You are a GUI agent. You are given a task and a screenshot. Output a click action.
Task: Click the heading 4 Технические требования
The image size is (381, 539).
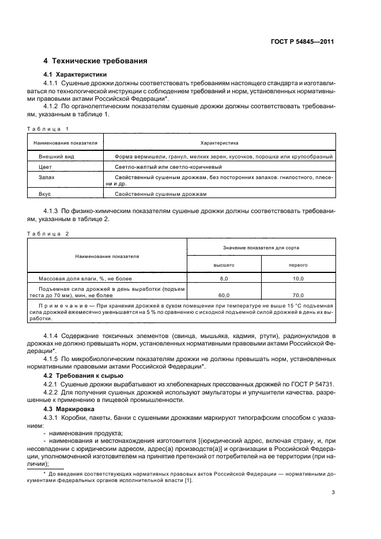coord(96,61)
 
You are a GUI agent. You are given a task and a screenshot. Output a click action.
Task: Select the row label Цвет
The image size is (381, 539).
coord(45,166)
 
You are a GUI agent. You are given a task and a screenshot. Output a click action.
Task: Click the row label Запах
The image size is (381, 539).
coord(46,177)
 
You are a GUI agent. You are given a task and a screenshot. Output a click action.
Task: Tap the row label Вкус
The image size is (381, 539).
coord(45,195)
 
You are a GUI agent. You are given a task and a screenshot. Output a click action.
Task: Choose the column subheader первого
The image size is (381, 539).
coord(297,264)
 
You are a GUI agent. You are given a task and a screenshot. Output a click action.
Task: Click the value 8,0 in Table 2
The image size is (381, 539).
coord(224,278)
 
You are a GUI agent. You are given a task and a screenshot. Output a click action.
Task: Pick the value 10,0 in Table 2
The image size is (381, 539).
coord(297,278)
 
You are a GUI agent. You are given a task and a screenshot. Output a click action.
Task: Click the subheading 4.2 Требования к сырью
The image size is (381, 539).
coord(83,376)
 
